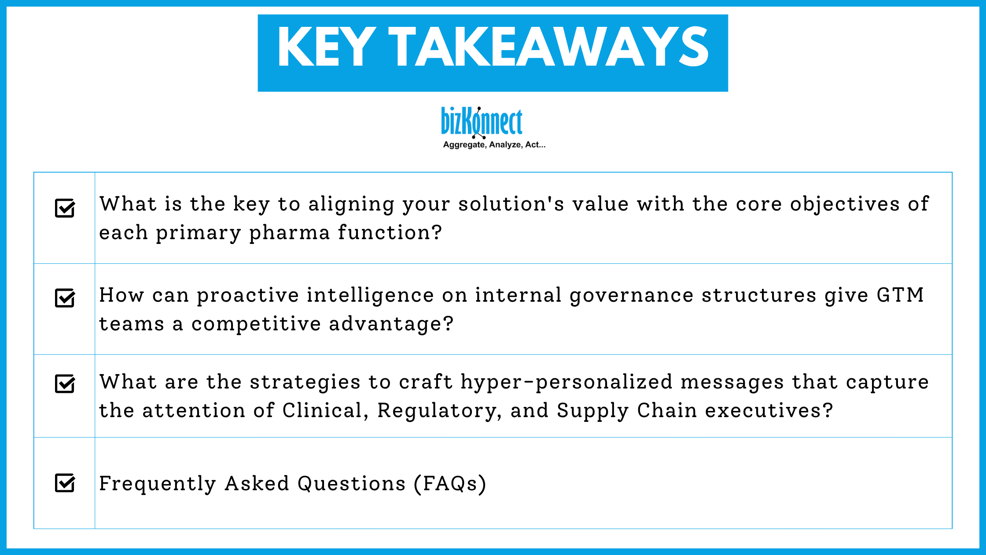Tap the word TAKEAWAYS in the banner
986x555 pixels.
pos(548,47)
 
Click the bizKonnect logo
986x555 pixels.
pos(482,122)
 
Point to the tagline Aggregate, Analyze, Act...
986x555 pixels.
pos(494,145)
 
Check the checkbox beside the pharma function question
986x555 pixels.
pos(65,208)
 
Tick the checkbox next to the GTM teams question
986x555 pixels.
pos(65,298)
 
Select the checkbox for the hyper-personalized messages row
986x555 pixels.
pos(65,384)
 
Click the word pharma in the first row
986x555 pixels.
pos(289,233)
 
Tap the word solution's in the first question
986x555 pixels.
pos(511,204)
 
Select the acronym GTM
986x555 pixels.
pos(900,295)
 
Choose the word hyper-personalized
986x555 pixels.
pos(567,382)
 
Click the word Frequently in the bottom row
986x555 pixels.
pos(157,484)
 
